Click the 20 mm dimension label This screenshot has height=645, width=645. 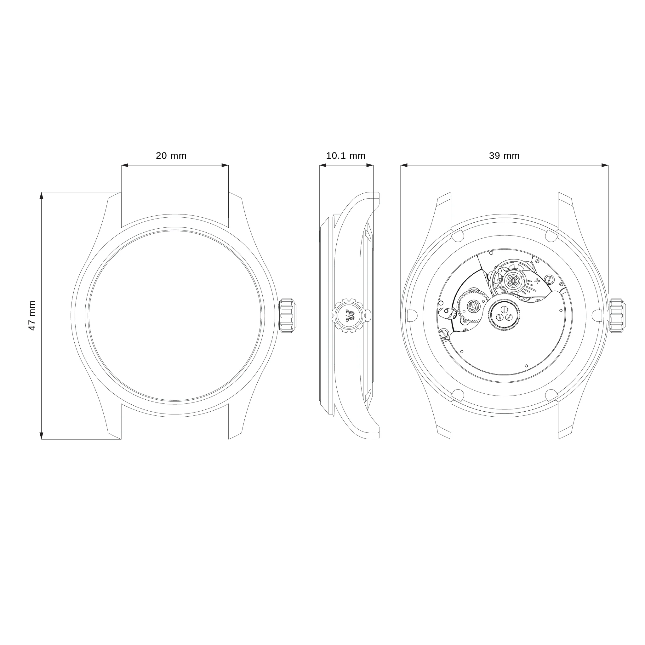(x=171, y=156)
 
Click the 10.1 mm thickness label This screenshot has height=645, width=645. (x=345, y=156)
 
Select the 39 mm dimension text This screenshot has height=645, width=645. (x=504, y=156)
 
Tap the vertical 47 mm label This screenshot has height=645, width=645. (x=32, y=316)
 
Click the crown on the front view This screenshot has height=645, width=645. (x=287, y=316)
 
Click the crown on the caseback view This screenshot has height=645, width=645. (x=616, y=316)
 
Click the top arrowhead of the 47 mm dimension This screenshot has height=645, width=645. (x=41, y=196)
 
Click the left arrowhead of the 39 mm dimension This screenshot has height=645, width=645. (x=404, y=165)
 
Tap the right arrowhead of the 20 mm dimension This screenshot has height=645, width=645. (x=225, y=165)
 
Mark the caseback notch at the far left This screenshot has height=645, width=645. (x=413, y=315)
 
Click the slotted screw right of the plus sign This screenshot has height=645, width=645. (x=549, y=278)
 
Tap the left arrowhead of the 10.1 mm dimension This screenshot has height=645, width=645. (x=323, y=165)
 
